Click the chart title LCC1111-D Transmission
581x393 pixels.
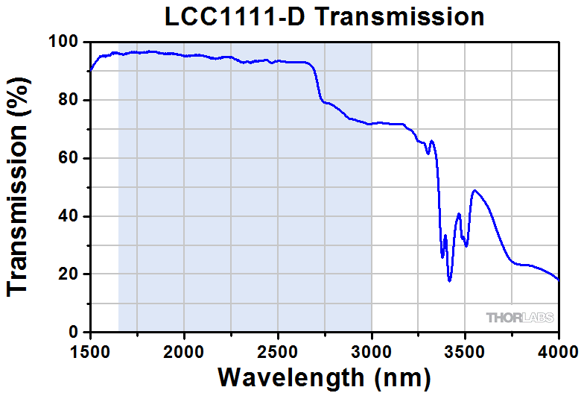(x=324, y=16)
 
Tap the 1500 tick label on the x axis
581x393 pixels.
(x=90, y=350)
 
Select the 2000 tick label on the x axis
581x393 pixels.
(x=184, y=350)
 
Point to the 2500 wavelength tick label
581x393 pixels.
(x=278, y=350)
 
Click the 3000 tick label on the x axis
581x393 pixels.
(x=372, y=350)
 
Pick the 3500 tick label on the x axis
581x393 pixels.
(x=466, y=350)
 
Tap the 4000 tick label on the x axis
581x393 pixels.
(x=558, y=350)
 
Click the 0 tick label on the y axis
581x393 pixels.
(x=75, y=332)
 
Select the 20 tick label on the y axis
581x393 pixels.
(x=70, y=274)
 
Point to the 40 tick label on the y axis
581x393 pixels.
(x=70, y=216)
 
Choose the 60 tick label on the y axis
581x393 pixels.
(x=70, y=158)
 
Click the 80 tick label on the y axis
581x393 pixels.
(x=70, y=100)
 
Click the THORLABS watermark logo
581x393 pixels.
(x=520, y=318)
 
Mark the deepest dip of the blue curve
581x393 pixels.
(x=450, y=280)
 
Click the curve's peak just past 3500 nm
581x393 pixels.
(x=474, y=190)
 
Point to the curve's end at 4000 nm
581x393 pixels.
(x=559, y=280)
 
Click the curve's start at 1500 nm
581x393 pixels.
(x=90, y=71)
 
